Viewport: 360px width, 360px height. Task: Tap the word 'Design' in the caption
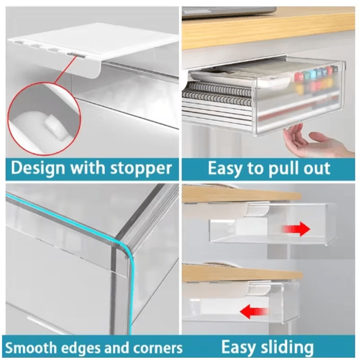tap(38, 168)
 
